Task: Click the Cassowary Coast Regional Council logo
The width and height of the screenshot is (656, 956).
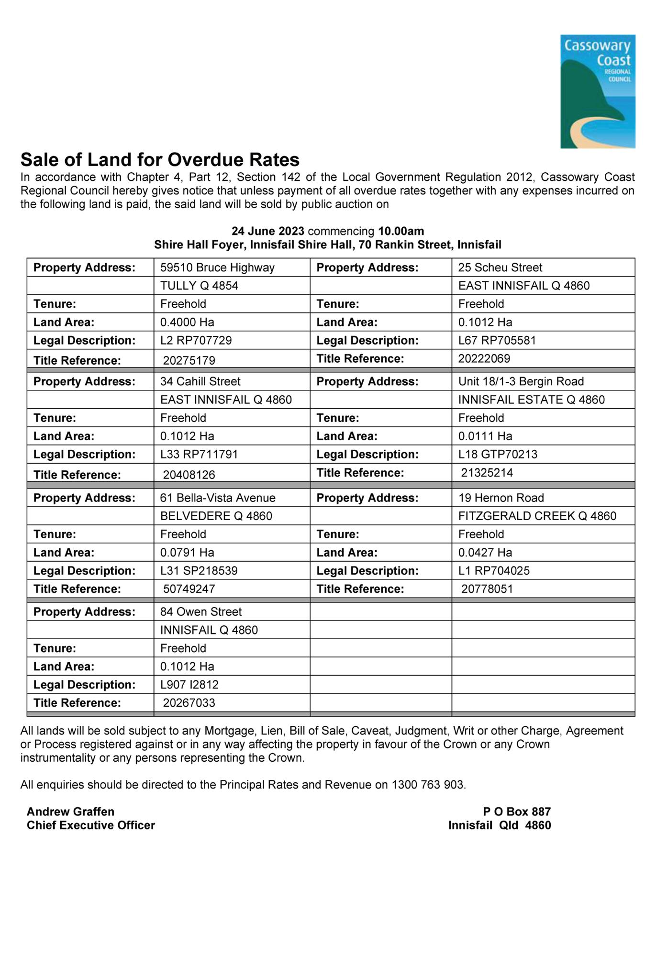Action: click(598, 91)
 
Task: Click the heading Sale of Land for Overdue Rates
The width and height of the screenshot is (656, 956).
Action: click(160, 159)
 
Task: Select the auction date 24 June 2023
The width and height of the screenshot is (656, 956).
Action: click(267, 231)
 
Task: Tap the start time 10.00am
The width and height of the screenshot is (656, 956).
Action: click(401, 231)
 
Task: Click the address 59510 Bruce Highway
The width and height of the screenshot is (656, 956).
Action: click(217, 267)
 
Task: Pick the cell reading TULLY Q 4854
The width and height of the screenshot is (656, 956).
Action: click(199, 286)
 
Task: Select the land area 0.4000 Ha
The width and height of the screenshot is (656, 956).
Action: click(187, 322)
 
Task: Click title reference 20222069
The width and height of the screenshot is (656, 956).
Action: click(484, 358)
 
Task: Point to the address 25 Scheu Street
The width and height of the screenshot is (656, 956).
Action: click(500, 267)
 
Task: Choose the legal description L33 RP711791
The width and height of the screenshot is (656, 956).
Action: click(199, 454)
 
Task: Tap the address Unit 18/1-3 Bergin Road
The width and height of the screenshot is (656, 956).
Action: click(521, 381)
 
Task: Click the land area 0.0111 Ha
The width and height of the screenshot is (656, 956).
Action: click(485, 436)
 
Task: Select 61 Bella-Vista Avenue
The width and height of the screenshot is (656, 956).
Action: click(218, 498)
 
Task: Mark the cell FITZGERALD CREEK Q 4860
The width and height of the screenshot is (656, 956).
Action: click(537, 516)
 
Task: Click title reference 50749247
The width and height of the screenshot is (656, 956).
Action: click(189, 589)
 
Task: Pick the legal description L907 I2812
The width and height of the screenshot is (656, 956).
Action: click(189, 685)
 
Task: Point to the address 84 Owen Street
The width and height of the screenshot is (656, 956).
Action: click(201, 611)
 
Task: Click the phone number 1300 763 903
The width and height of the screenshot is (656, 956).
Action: click(428, 785)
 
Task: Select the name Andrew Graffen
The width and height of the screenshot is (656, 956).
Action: click(70, 811)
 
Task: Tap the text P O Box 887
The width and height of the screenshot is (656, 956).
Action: click(517, 811)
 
